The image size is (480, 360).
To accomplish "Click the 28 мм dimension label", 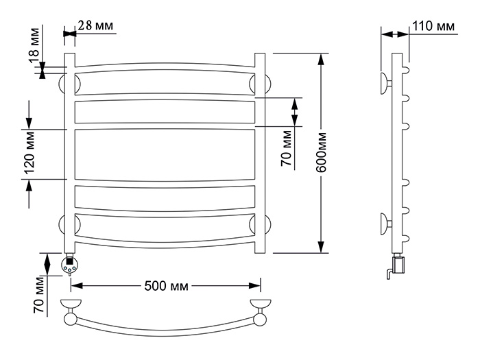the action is pyautogui.click(x=95, y=25).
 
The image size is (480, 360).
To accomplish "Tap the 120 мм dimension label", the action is pyautogui.click(x=29, y=153).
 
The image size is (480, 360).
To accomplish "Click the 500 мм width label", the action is pyautogui.click(x=166, y=286).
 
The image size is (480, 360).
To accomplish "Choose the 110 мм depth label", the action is pyautogui.click(x=433, y=26).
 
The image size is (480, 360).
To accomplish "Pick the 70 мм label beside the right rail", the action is pyautogui.click(x=287, y=148).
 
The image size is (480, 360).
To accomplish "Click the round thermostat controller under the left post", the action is pyautogui.click(x=70, y=265).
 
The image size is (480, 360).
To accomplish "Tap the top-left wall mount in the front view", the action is pyautogui.click(x=62, y=84).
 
